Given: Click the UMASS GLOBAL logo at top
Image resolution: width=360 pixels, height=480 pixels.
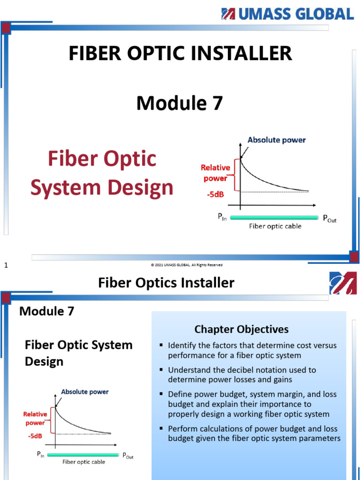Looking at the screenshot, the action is pyautogui.click(x=287, y=14).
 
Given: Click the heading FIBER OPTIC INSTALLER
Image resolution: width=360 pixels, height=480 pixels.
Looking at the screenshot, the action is pyautogui.click(x=180, y=53).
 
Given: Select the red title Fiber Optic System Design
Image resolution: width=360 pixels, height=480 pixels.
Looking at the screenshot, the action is pyautogui.click(x=102, y=173).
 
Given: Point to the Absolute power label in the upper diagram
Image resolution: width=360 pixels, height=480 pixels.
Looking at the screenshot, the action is pyautogui.click(x=277, y=140).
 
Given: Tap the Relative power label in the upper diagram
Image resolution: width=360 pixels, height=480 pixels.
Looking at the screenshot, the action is pyautogui.click(x=215, y=172).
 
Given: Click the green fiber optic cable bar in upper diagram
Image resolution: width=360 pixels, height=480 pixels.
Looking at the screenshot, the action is pyautogui.click(x=275, y=217).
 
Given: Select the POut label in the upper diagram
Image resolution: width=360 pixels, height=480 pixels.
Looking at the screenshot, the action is pyautogui.click(x=330, y=219).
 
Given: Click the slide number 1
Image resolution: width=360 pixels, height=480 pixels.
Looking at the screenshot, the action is pyautogui.click(x=7, y=266).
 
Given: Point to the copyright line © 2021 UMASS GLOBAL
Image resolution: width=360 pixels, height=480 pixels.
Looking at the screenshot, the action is pyautogui.click(x=187, y=265).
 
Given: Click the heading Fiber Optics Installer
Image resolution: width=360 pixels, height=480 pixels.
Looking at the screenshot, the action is pyautogui.click(x=166, y=283).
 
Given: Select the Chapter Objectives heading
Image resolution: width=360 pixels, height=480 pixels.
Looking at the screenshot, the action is pyautogui.click(x=241, y=329).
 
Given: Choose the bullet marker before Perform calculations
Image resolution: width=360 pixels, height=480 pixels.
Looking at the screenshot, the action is pyautogui.click(x=161, y=428).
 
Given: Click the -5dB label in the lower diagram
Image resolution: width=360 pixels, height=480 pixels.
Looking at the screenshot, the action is pyautogui.click(x=35, y=435).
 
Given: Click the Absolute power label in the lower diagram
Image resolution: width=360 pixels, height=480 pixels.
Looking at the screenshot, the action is pyautogui.click(x=85, y=392).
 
